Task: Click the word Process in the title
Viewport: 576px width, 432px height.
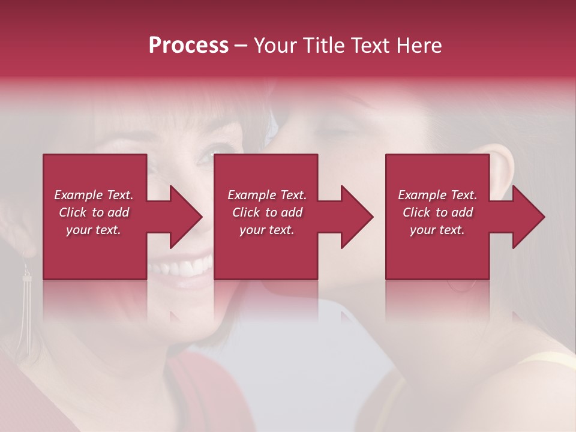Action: [188, 46]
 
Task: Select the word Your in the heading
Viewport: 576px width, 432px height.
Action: [275, 46]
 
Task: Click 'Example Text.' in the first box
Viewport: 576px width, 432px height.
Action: [94, 195]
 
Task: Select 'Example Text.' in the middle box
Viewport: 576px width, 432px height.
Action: [267, 195]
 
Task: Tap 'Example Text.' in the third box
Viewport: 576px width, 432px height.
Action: [437, 195]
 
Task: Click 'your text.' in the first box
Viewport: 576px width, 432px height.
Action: [94, 230]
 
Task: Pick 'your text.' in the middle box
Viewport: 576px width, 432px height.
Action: [267, 230]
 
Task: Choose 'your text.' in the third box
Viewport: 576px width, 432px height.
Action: [437, 230]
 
